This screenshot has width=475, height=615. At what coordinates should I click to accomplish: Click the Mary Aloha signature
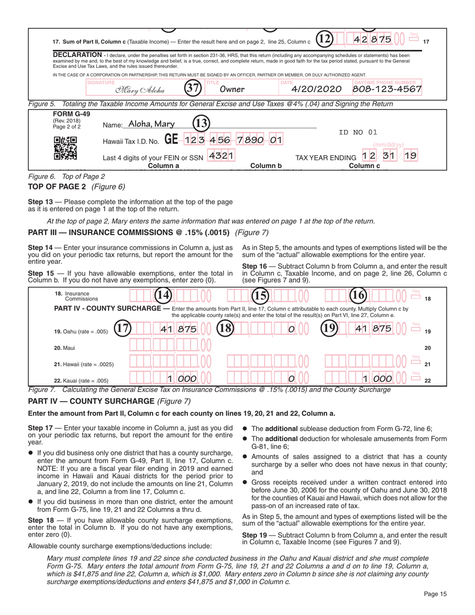click(139, 90)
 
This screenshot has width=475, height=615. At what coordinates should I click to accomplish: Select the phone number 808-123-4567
click(387, 89)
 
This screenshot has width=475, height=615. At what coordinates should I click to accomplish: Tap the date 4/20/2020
click(316, 89)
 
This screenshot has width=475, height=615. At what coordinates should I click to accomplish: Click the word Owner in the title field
click(232, 89)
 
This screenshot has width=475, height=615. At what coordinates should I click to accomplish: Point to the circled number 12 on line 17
click(325, 39)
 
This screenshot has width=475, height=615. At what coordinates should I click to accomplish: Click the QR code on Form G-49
click(65, 148)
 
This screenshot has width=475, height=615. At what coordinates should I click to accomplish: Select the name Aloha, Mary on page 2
click(151, 124)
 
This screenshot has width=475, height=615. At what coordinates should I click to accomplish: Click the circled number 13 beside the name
click(201, 123)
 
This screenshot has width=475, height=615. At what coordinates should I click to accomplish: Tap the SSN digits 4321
click(220, 155)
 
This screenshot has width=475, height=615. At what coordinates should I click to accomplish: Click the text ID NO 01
click(357, 132)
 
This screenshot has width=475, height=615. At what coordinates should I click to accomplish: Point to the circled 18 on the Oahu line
click(224, 328)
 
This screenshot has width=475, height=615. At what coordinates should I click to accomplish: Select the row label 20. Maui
click(65, 347)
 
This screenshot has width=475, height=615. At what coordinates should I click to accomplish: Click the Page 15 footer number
click(435, 594)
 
